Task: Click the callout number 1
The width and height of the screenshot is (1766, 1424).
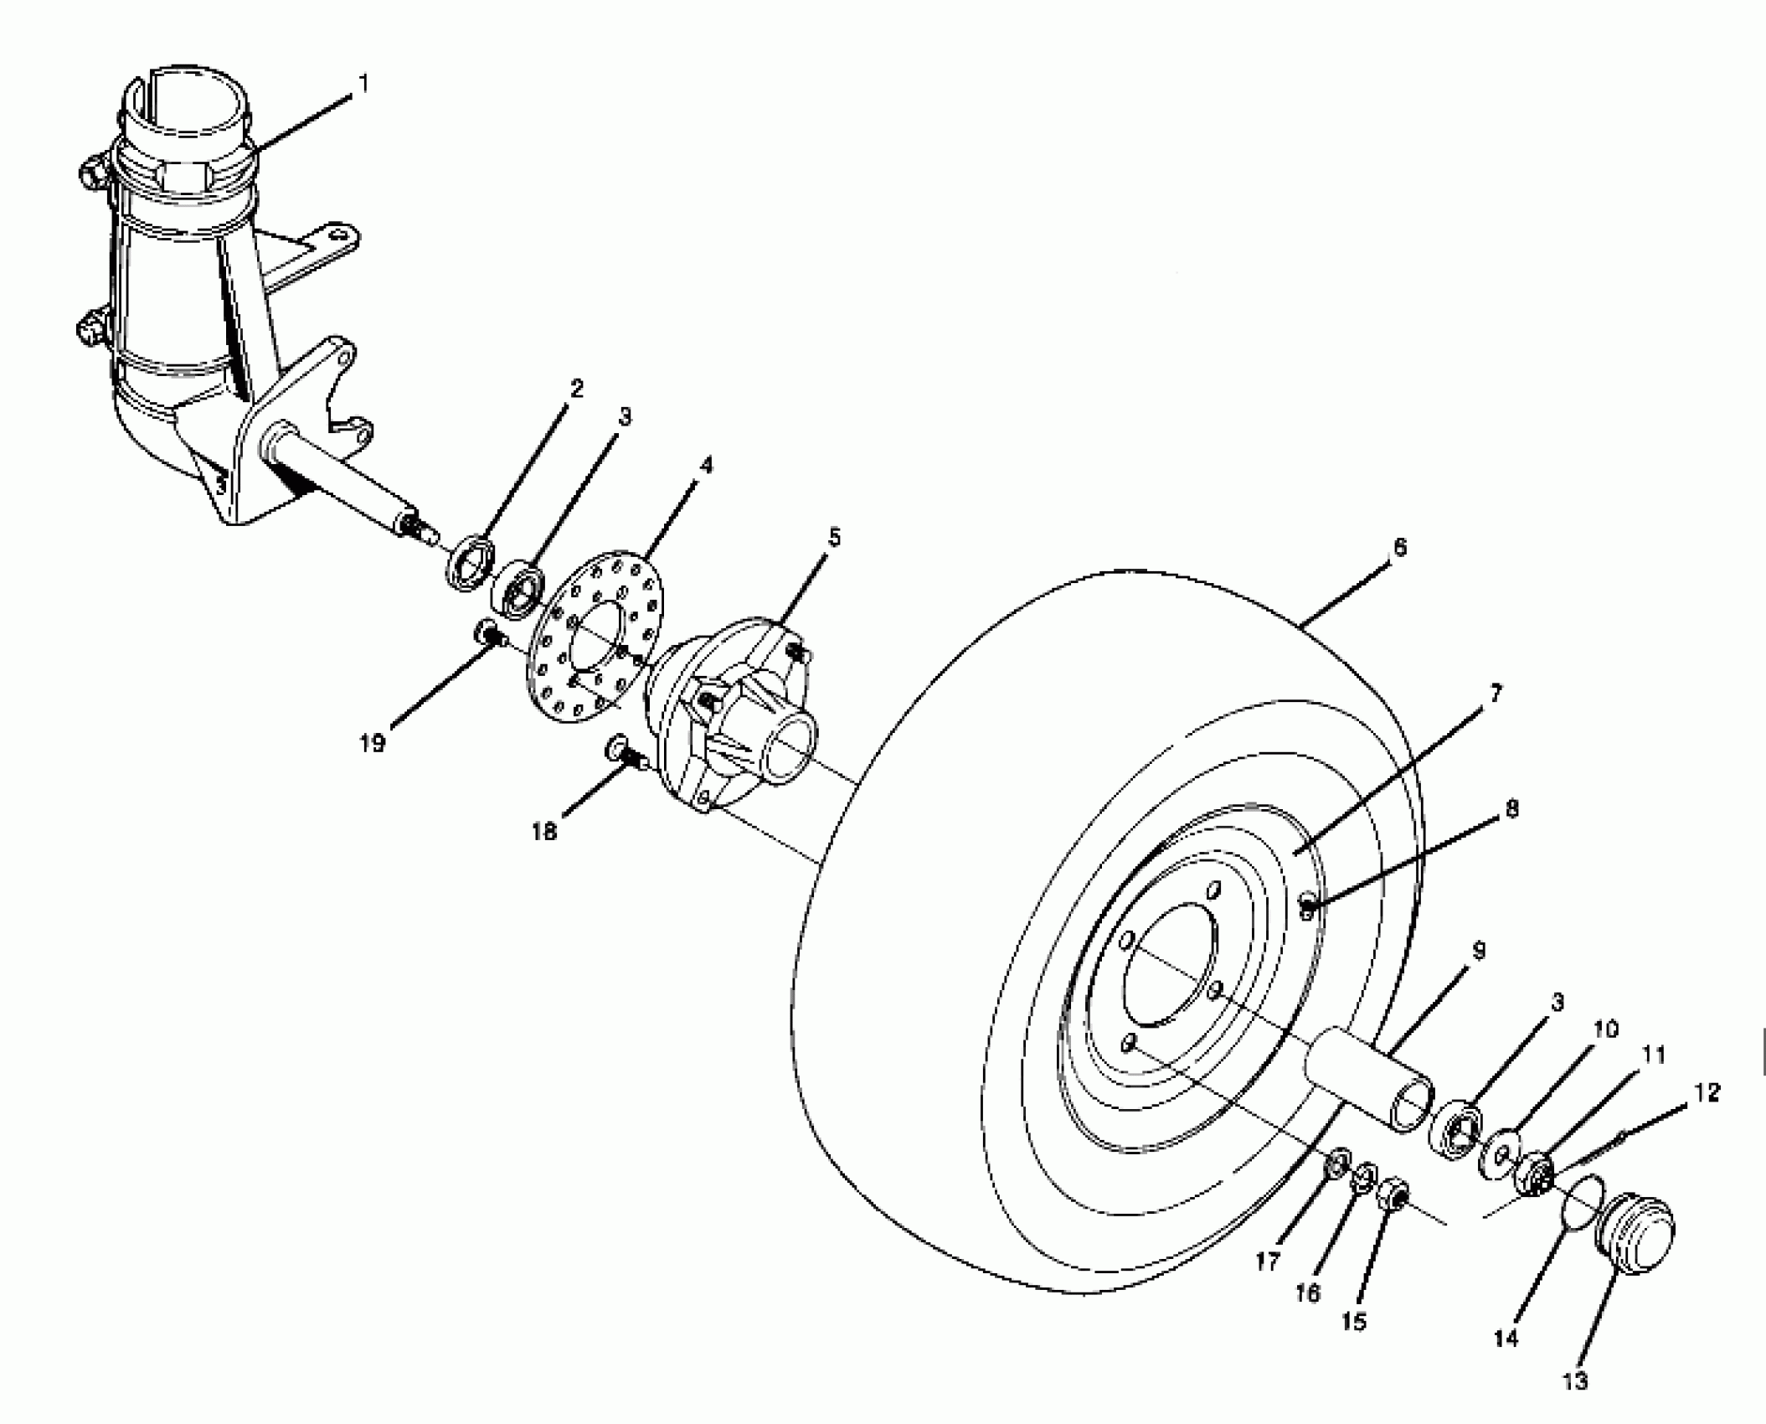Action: click(363, 85)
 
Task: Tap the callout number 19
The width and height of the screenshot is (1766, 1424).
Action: click(373, 742)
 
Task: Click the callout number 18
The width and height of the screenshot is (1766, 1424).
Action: click(544, 832)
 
